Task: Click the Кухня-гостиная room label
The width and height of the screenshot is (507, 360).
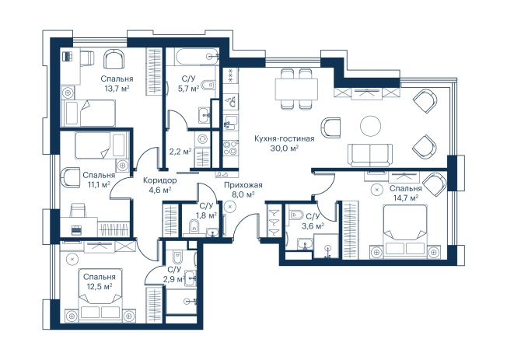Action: (x=285, y=138)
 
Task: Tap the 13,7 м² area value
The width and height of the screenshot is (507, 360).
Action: (x=117, y=89)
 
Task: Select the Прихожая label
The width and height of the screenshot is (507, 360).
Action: (x=243, y=185)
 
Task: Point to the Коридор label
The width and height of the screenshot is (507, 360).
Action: (x=159, y=180)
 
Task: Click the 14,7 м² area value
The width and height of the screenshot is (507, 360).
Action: (x=405, y=197)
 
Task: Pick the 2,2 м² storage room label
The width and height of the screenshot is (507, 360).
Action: (x=180, y=151)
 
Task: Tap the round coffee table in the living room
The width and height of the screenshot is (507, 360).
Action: (x=371, y=126)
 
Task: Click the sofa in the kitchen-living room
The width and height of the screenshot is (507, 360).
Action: (x=370, y=156)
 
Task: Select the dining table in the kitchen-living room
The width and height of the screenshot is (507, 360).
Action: (x=296, y=89)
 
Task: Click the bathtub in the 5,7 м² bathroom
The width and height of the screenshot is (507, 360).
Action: (x=197, y=57)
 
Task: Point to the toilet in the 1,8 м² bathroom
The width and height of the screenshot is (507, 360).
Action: (x=194, y=225)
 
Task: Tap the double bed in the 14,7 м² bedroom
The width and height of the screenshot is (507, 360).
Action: (x=405, y=231)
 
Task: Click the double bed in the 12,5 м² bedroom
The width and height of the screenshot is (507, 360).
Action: (x=101, y=295)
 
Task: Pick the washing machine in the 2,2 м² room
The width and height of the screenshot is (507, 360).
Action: (x=202, y=138)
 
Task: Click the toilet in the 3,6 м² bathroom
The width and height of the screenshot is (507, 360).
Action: (x=296, y=215)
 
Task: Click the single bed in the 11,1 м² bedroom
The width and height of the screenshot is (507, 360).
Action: (x=100, y=145)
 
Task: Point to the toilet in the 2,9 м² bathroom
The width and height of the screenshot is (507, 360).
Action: (x=177, y=257)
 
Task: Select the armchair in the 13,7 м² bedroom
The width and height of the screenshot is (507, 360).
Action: (x=114, y=58)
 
